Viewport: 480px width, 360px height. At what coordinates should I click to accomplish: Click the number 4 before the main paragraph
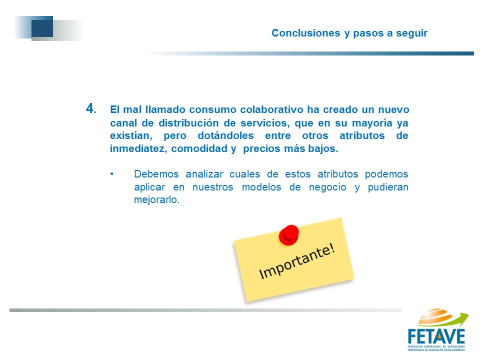click(90, 108)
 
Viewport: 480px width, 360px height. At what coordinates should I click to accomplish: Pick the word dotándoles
click(225, 135)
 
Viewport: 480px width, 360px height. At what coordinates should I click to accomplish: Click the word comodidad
click(199, 148)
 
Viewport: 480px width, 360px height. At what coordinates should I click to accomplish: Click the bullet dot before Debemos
click(112, 174)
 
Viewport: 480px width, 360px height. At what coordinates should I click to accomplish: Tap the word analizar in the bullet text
click(204, 174)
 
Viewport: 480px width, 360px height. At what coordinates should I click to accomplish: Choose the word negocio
click(327, 187)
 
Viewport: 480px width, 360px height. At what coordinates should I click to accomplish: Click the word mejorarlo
click(156, 200)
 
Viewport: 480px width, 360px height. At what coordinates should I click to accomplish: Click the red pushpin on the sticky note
click(288, 235)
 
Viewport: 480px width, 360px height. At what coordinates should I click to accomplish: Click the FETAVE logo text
click(436, 336)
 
